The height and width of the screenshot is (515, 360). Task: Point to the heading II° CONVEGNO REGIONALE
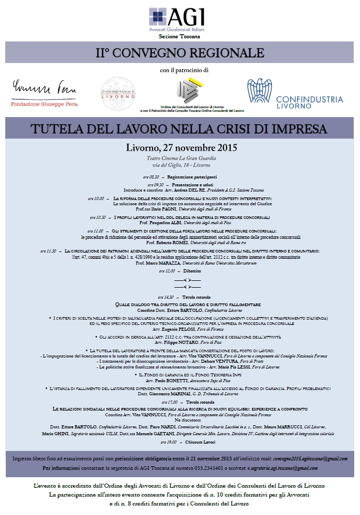pyautogui.click(x=179, y=53)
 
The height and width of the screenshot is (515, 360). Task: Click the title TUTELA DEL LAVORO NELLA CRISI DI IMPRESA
pyautogui.click(x=178, y=129)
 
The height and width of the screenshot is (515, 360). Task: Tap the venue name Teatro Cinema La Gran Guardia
pyautogui.click(x=181, y=158)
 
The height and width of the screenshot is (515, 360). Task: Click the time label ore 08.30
pyautogui.click(x=151, y=177)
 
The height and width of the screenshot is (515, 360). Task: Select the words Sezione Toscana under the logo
pyautogui.click(x=179, y=37)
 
